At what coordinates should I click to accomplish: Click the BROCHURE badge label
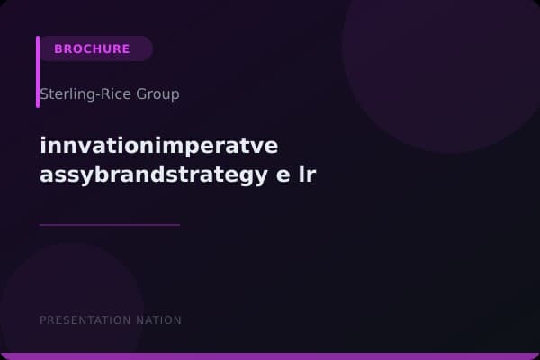(92, 49)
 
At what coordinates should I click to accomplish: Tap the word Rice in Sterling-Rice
(113, 94)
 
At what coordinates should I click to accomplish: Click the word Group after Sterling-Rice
(156, 94)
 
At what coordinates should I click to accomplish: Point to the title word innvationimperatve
(159, 145)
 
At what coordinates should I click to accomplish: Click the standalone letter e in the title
(283, 174)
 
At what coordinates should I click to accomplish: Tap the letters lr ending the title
(307, 174)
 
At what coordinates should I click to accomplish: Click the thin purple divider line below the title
(110, 225)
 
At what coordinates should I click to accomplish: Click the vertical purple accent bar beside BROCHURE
(38, 72)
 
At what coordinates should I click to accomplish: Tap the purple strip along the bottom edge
(270, 356)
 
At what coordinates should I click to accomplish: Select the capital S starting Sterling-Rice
(44, 94)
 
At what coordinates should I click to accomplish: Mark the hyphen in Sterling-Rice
(94, 95)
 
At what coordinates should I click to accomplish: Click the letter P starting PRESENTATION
(43, 320)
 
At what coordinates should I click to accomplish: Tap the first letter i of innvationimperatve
(43, 145)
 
